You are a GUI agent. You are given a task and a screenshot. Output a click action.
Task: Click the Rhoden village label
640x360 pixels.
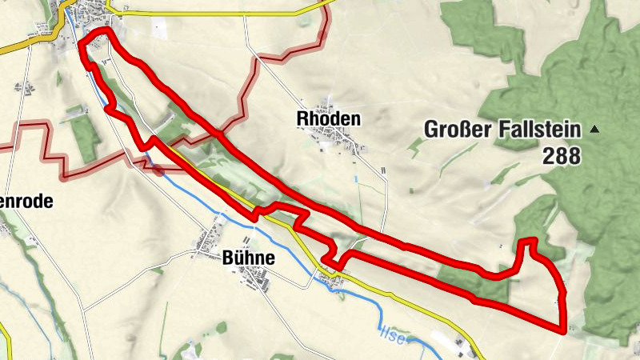328,118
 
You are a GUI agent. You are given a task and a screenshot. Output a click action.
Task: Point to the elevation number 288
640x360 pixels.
560,156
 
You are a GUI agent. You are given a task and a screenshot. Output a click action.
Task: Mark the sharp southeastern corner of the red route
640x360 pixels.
562,327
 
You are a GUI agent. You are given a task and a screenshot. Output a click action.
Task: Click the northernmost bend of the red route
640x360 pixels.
101,32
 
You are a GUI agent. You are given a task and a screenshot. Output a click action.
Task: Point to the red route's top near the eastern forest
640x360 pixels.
527,241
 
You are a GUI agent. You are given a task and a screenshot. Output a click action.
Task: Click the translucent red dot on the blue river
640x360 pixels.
156,169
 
